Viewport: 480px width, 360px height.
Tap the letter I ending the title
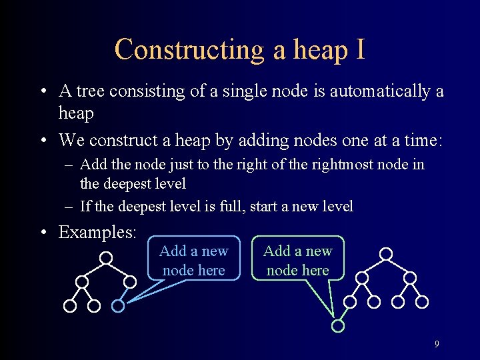[x=360, y=50]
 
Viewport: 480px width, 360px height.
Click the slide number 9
[x=437, y=345]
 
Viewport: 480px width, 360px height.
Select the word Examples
[x=97, y=232]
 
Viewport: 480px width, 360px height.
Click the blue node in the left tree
[x=118, y=306]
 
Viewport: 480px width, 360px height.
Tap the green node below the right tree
[x=338, y=326]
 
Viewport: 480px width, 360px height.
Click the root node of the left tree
[x=106, y=257]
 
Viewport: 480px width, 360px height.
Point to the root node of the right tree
[x=385, y=253]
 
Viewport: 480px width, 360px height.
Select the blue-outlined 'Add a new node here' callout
[x=193, y=260]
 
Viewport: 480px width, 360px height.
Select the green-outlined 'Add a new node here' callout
[x=297, y=260]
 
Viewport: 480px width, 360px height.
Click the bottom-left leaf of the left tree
[x=69, y=306]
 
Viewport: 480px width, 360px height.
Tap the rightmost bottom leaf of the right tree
[x=422, y=302]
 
